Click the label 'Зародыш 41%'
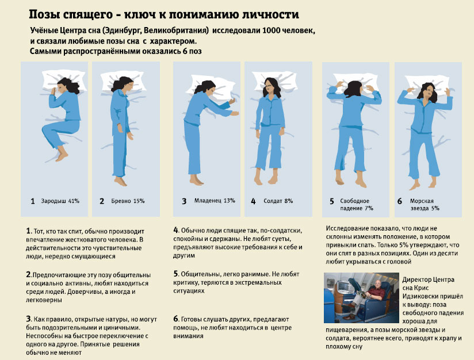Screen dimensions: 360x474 pyautogui.click(x=60, y=201)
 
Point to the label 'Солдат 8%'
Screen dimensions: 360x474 pyautogui.click(x=279, y=201)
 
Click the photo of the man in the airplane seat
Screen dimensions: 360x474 pyautogui.click(x=361, y=298)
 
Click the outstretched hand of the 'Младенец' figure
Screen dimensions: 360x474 pyautogui.click(x=231, y=101)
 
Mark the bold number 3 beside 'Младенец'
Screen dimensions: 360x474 pyautogui.click(x=184, y=201)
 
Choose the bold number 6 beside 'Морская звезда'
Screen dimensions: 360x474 pyautogui.click(x=400, y=201)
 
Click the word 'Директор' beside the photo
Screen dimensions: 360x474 pyautogui.click(x=418, y=279)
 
